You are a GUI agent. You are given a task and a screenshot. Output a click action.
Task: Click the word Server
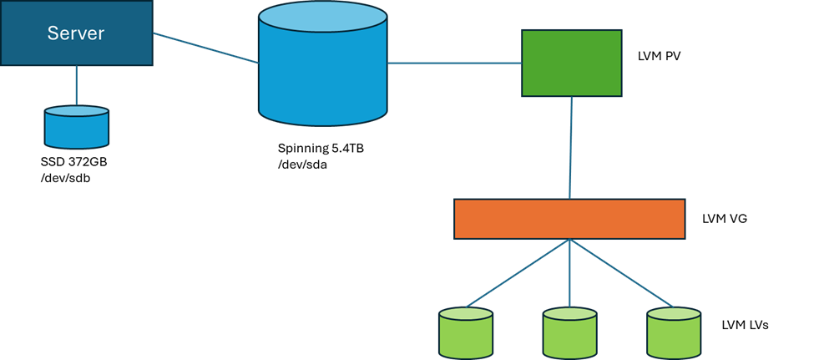[76, 33]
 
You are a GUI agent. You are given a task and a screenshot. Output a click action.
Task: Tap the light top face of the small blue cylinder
[76, 112]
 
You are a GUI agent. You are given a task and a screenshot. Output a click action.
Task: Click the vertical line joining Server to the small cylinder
[77, 85]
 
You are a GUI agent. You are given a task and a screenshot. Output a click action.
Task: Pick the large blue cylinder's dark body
[323, 84]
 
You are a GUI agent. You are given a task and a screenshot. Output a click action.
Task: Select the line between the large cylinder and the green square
[454, 63]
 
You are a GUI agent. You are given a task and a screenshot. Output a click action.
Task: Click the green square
[572, 63]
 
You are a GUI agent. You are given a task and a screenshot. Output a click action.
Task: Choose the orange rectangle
[569, 219]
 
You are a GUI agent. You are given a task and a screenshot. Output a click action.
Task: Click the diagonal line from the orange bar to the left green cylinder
[518, 273]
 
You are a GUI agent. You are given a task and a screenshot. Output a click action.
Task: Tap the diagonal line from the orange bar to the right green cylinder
[622, 273]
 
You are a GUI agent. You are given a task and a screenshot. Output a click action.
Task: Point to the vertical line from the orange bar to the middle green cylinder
[570, 276]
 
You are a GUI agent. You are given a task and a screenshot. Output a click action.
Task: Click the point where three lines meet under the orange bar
[570, 241]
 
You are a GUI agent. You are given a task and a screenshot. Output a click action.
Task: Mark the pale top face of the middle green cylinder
[570, 315]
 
